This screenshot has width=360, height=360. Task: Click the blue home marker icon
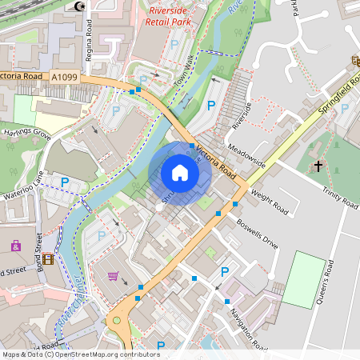pyautogui.click(x=180, y=173)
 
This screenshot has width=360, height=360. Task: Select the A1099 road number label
pyautogui.click(x=66, y=77)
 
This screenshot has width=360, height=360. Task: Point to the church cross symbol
pyautogui.click(x=318, y=166)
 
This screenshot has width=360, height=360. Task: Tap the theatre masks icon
pyautogui.click(x=354, y=60)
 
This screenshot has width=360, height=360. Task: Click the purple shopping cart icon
pyautogui.click(x=113, y=276)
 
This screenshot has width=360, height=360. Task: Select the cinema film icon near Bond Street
pyautogui.click(x=50, y=258)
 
